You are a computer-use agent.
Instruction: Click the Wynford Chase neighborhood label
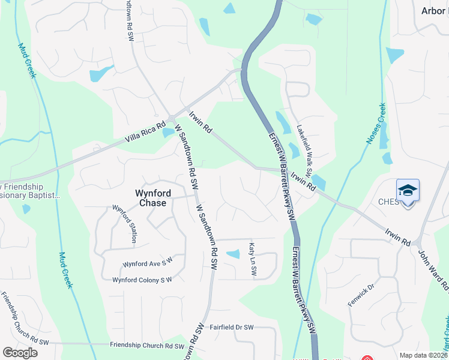click(x=152, y=198)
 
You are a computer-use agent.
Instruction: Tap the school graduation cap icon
click(x=408, y=191)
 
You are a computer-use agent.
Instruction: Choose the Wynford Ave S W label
click(x=147, y=263)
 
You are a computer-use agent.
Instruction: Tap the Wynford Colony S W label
click(x=142, y=280)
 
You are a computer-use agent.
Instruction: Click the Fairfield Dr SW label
click(x=232, y=327)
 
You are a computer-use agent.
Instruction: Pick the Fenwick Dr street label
click(x=361, y=296)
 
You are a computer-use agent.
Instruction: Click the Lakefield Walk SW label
click(x=304, y=150)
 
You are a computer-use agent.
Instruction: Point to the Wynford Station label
click(x=125, y=224)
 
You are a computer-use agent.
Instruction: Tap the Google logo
click(x=20, y=353)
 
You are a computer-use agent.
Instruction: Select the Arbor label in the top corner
click(x=434, y=11)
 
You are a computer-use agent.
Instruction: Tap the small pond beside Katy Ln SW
click(x=232, y=254)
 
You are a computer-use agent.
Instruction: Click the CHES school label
click(x=388, y=202)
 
